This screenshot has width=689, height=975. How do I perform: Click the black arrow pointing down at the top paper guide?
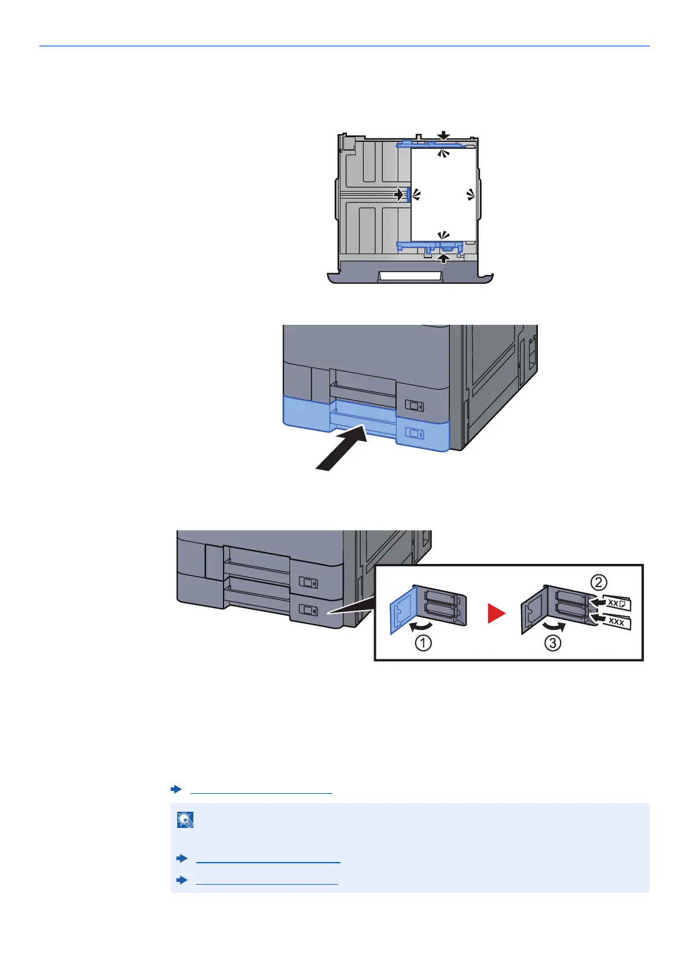pyautogui.click(x=444, y=135)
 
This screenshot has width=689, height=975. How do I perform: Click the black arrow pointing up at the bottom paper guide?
pyautogui.click(x=444, y=258)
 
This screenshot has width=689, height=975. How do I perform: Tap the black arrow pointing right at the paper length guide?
pyautogui.click(x=399, y=195)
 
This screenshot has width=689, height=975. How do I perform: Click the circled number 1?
pyautogui.click(x=423, y=643)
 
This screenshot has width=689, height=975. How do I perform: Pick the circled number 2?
pyautogui.click(x=599, y=581)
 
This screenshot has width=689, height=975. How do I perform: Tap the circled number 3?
pyautogui.click(x=553, y=643)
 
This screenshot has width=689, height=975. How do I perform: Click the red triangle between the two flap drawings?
pyautogui.click(x=496, y=613)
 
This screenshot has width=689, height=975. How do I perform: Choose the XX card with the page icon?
pyautogui.click(x=617, y=604)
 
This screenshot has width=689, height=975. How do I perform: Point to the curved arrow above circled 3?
pyautogui.click(x=552, y=626)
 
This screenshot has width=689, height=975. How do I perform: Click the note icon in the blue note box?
pyautogui.click(x=185, y=820)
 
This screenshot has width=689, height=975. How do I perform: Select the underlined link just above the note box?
pyautogui.click(x=261, y=790)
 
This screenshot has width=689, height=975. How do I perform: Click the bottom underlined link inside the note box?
pyautogui.click(x=267, y=880)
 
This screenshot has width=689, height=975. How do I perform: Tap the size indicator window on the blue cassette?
pyautogui.click(x=415, y=432)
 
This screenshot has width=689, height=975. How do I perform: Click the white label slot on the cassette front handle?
pyautogui.click(x=410, y=276)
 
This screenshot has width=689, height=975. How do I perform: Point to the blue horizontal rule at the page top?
pyautogui.click(x=345, y=45)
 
